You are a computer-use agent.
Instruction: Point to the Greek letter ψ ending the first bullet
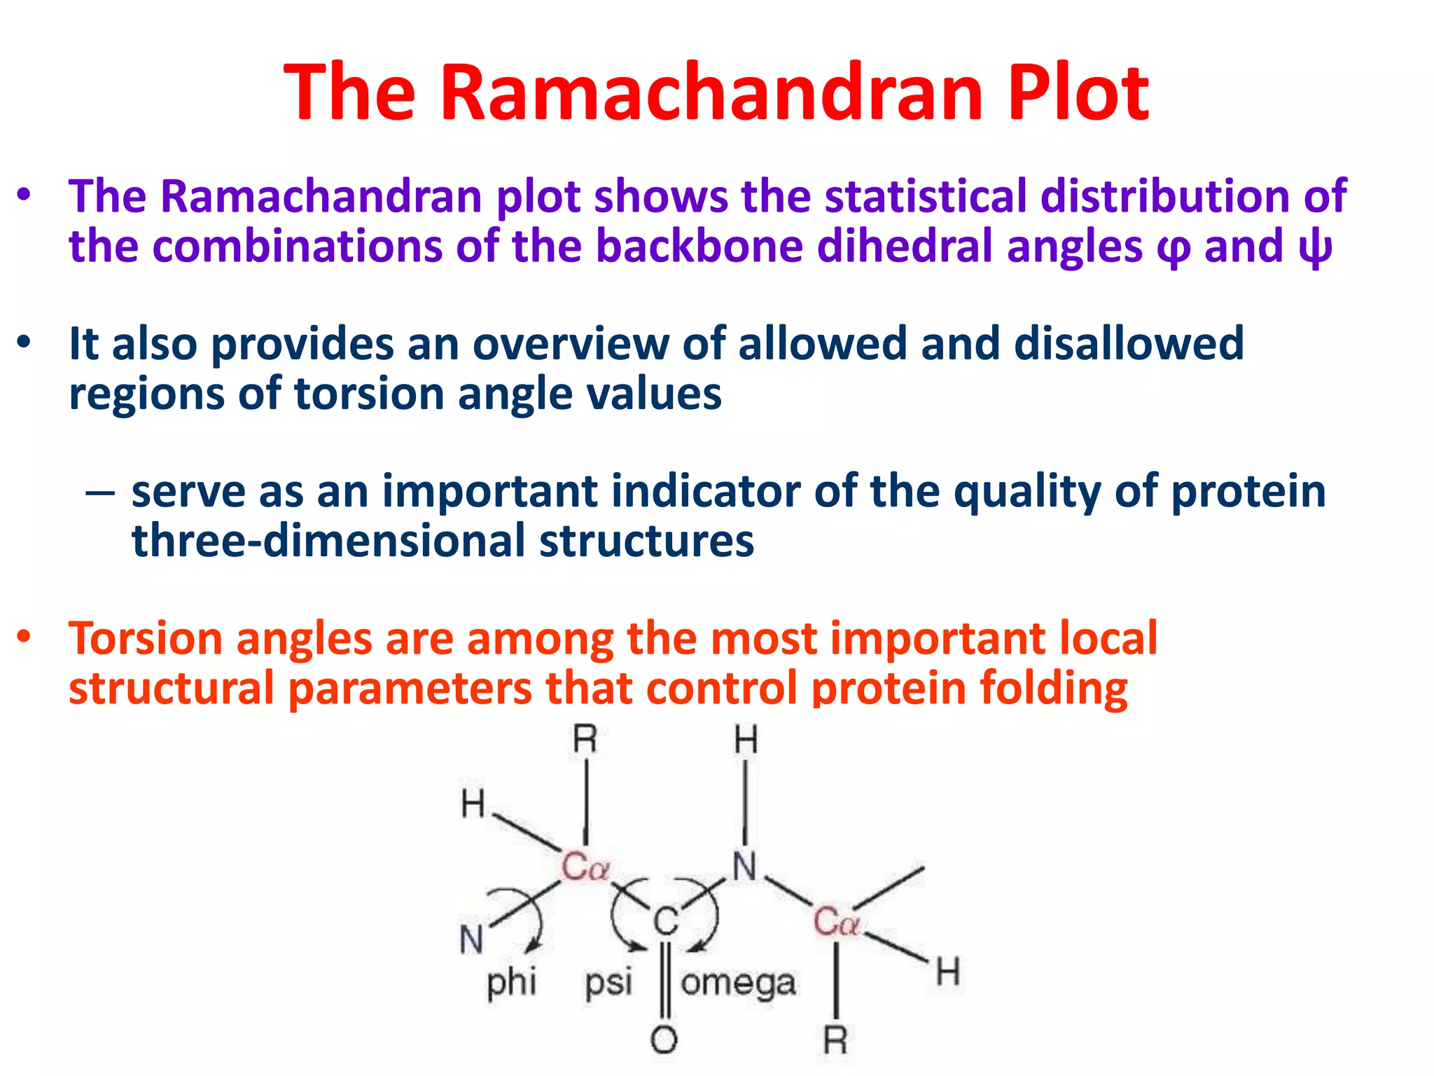coord(1314,248)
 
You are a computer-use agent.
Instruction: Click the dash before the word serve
coord(100,492)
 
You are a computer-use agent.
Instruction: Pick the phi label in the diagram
coord(512,982)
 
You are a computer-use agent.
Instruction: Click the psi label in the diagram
coord(608,982)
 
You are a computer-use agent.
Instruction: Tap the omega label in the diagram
coord(738,983)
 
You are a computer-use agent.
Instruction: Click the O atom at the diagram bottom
coord(664,1040)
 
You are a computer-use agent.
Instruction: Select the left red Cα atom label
coord(585,867)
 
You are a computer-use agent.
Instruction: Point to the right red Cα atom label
coord(836,921)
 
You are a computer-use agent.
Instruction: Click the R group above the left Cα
coord(585,740)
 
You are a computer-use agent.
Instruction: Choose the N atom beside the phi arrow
coord(472,939)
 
